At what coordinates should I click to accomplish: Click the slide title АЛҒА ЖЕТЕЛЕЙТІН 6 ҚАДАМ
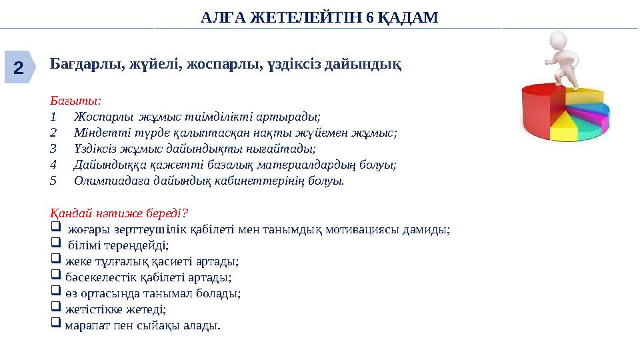319,18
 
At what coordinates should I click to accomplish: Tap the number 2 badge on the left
19,67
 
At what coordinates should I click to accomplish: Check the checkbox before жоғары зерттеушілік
55,229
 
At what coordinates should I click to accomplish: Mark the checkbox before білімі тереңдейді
55,245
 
